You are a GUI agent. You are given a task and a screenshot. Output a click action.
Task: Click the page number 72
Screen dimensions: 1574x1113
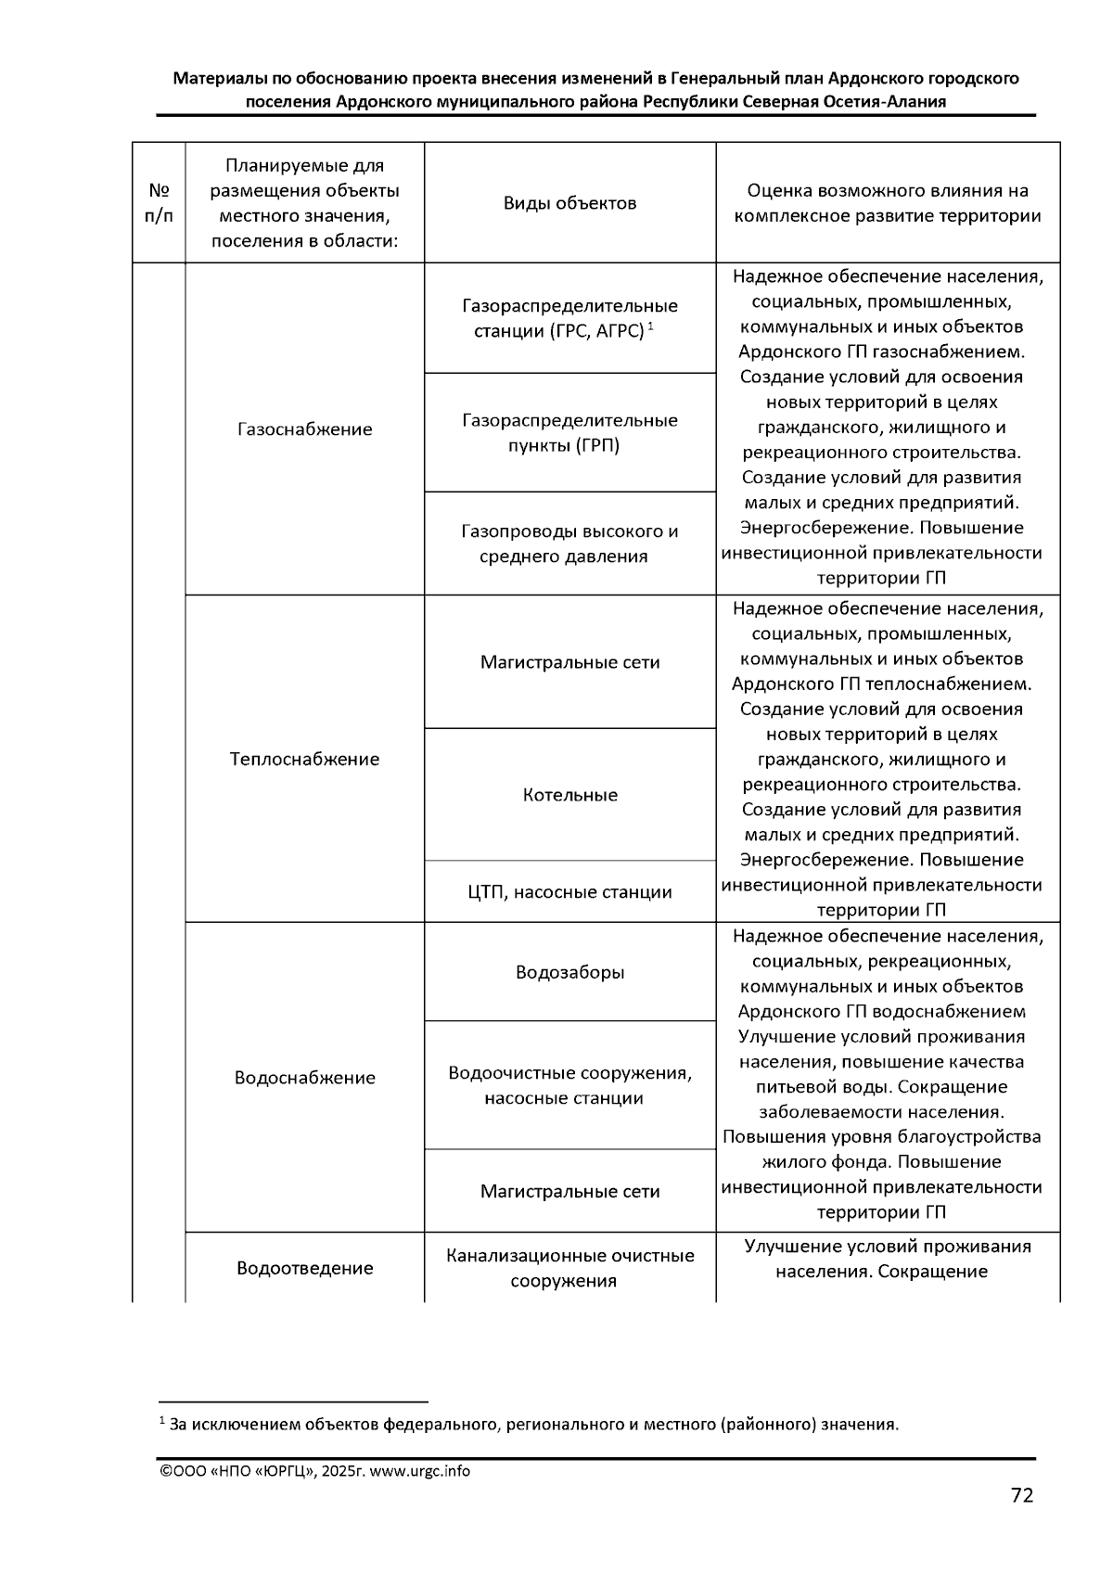click(1021, 1495)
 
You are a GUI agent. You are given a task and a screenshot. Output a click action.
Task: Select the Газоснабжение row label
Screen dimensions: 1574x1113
click(304, 429)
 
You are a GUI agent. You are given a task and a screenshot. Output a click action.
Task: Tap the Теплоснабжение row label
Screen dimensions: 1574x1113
click(304, 759)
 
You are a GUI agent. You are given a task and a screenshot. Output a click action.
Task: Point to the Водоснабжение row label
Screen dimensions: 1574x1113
click(304, 1078)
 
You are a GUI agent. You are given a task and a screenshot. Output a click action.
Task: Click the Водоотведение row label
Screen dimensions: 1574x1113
click(304, 1268)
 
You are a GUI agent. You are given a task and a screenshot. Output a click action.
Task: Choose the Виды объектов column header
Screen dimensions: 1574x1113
click(569, 203)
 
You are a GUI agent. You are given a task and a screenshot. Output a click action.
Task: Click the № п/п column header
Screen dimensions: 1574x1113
click(159, 203)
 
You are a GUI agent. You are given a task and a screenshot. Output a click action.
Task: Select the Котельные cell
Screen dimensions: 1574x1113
click(569, 795)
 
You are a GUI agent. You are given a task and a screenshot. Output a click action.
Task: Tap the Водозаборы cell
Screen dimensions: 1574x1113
click(569, 972)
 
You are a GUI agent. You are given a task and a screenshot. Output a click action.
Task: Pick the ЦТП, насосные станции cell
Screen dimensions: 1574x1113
click(569, 892)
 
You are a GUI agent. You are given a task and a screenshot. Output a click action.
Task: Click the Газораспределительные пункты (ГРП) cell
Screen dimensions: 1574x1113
click(569, 433)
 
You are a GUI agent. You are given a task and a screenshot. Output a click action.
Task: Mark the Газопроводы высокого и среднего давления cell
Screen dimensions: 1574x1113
click(569, 544)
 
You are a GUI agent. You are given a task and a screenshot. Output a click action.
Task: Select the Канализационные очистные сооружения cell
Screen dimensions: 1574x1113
click(569, 1268)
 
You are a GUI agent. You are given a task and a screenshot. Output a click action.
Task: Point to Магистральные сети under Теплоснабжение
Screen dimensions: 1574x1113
click(569, 662)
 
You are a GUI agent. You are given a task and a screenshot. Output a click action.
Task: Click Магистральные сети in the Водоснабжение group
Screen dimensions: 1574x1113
click(569, 1191)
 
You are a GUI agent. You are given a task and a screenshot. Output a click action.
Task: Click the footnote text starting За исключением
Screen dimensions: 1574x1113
click(533, 1424)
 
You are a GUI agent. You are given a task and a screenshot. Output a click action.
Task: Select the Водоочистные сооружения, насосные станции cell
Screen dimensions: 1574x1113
click(569, 1085)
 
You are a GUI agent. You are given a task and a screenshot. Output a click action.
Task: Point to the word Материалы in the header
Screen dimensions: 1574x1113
click(221, 79)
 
